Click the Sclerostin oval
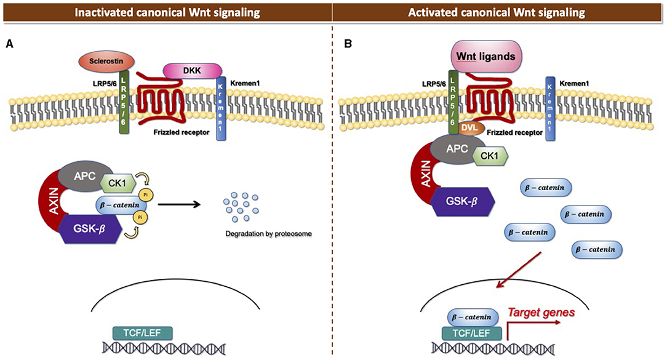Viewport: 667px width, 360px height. click(x=106, y=62)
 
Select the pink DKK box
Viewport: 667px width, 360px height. click(x=192, y=71)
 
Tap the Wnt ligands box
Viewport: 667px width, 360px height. click(x=485, y=56)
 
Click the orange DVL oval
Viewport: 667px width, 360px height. click(x=469, y=127)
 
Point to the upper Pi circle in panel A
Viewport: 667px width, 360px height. click(x=145, y=194)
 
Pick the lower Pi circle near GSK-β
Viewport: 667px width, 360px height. click(x=140, y=217)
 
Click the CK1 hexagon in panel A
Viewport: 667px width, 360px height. click(x=118, y=184)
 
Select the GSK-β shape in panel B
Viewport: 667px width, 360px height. click(x=463, y=202)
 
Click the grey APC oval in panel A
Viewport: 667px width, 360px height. click(x=84, y=176)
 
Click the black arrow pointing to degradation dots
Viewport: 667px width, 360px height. click(x=179, y=205)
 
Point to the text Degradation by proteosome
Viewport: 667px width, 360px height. click(x=268, y=234)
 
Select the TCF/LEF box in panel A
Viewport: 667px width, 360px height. click(x=143, y=333)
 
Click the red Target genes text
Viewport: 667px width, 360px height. click(x=541, y=313)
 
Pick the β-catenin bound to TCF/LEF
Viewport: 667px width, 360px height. click(x=472, y=317)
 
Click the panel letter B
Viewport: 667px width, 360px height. click(x=348, y=44)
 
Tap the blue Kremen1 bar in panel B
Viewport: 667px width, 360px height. click(x=550, y=108)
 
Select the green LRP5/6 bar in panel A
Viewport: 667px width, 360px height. click(x=124, y=102)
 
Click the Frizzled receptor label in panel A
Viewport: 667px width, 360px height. click(x=182, y=132)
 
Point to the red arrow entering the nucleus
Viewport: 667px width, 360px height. click(x=519, y=270)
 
